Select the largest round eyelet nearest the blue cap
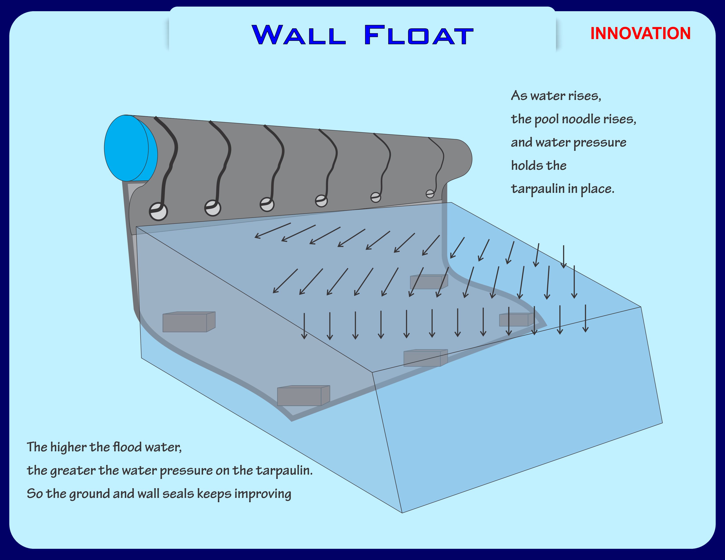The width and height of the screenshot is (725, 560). (158, 211)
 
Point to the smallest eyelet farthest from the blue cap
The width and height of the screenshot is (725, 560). (430, 193)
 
